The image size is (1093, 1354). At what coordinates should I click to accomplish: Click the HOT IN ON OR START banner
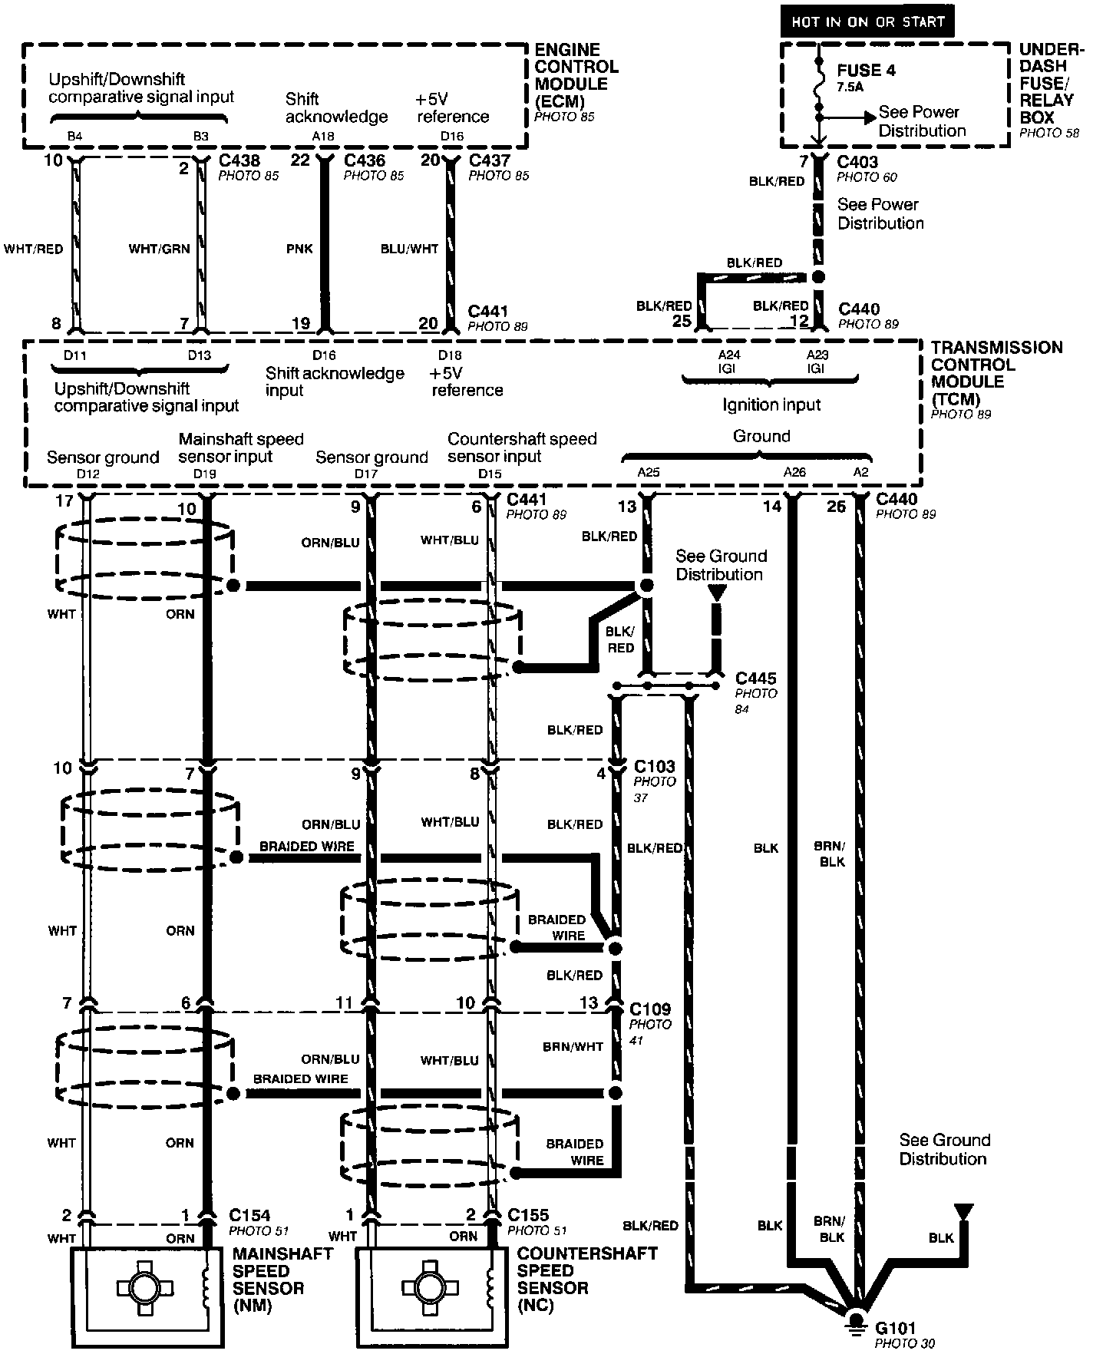click(867, 21)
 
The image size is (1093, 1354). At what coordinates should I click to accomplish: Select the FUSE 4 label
click(866, 71)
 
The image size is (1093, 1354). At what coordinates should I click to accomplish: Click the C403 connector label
click(857, 162)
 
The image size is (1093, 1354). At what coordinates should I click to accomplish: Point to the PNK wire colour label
click(299, 249)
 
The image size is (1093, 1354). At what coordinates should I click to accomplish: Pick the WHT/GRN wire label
click(159, 249)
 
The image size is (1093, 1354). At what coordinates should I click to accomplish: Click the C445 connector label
click(755, 679)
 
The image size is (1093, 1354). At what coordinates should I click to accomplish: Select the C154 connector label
click(249, 1216)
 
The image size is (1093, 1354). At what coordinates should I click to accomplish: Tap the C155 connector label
click(528, 1216)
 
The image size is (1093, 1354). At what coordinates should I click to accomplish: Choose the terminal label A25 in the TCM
click(648, 473)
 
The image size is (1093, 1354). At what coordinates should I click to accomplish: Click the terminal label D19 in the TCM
click(204, 474)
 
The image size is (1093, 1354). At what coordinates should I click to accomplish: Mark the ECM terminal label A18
click(323, 137)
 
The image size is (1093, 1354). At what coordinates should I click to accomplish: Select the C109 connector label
click(649, 1009)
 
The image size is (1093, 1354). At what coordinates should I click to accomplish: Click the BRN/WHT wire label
click(573, 1046)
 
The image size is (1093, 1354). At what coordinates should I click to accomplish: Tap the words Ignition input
click(771, 405)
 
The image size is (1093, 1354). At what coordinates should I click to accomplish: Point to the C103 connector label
click(654, 767)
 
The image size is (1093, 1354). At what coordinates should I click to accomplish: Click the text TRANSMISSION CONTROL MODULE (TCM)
click(996, 373)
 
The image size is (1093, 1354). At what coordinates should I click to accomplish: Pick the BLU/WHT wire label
click(409, 249)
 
